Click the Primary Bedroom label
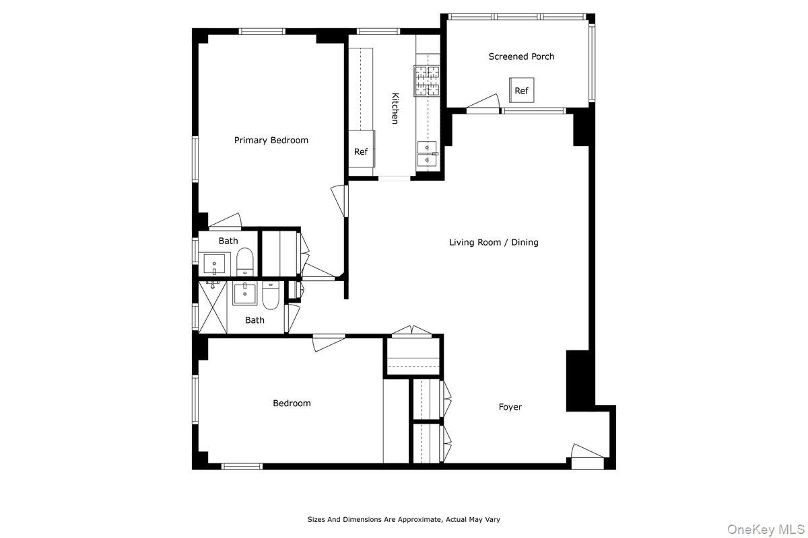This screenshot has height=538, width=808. tap(271, 141)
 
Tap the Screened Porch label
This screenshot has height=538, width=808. tap(521, 56)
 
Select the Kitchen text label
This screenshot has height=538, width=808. tap(395, 108)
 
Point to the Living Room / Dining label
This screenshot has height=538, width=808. tap(494, 242)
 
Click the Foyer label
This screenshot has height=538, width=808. tap(510, 407)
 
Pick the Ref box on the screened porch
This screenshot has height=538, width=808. tap(521, 91)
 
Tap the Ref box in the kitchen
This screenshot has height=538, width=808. tap(361, 152)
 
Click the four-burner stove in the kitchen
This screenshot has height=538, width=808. tap(426, 80)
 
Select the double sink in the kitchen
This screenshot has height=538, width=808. tap(427, 154)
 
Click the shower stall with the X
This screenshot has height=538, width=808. tap(213, 307)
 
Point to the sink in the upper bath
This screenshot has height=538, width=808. tap(215, 263)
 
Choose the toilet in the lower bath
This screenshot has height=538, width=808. tap(270, 295)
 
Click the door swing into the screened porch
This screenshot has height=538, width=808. tap(483, 102)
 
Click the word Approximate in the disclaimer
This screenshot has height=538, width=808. tap(419, 519)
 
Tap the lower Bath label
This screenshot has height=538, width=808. tap(255, 320)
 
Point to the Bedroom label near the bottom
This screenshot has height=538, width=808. tap(292, 403)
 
